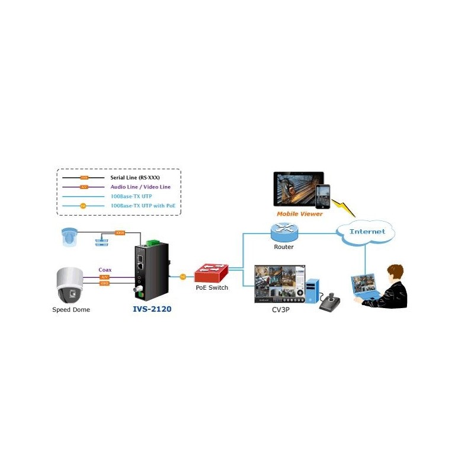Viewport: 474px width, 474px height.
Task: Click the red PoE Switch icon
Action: (x=212, y=273)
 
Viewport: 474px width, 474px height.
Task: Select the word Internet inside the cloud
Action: (x=367, y=232)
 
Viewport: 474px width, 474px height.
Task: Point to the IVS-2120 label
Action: (x=152, y=309)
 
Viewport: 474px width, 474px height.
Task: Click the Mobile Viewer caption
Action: (x=300, y=214)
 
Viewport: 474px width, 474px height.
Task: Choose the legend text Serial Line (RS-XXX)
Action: (x=135, y=177)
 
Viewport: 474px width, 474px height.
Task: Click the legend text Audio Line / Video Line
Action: (x=140, y=187)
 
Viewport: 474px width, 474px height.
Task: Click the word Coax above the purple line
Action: (x=105, y=270)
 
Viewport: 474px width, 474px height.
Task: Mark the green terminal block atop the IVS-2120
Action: (x=153, y=241)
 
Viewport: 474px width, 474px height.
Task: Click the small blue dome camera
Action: (x=69, y=236)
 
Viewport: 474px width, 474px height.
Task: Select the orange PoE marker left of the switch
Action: (x=182, y=276)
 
